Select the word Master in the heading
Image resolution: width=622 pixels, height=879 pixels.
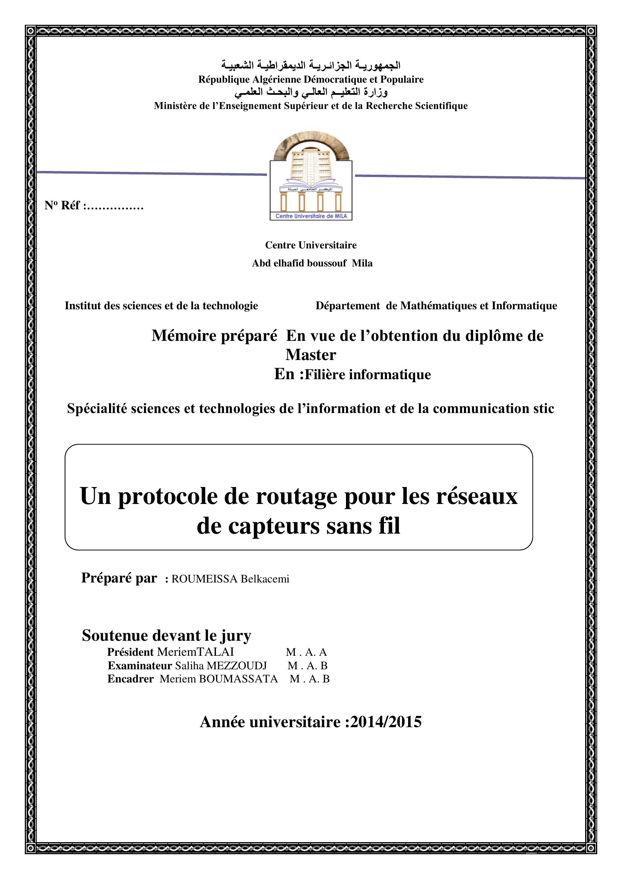311,355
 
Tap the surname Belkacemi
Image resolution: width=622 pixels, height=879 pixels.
265,579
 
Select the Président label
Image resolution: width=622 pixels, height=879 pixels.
130,652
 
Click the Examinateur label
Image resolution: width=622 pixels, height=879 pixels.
140,666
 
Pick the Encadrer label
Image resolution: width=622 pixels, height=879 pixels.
130,679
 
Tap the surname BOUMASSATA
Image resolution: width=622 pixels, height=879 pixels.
238,679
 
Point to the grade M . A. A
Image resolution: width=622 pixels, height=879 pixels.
306,652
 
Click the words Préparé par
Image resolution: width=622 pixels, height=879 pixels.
119,578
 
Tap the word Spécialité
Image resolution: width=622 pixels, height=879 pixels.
98,408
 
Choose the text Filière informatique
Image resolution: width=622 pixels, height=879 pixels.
368,374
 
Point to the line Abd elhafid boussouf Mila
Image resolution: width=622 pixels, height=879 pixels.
312,263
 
